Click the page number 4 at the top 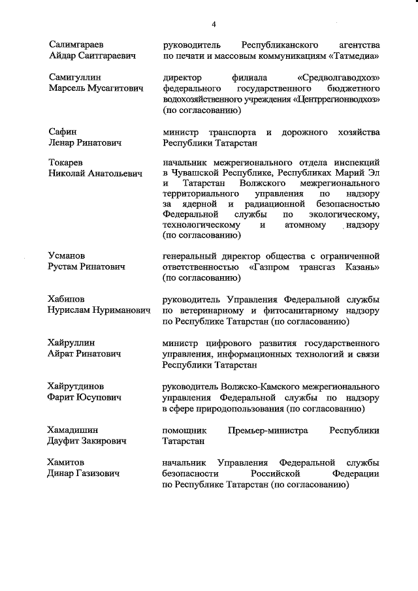point(213,24)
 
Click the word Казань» point(357,266)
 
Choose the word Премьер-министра point(269,430)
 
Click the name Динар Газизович point(84,473)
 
